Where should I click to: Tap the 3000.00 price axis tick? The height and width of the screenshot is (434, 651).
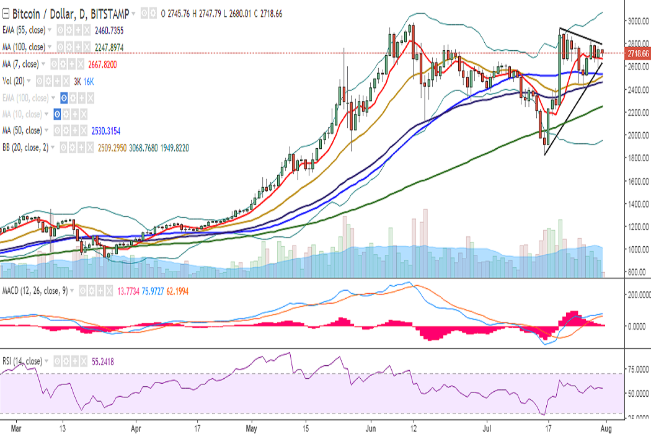click(637, 21)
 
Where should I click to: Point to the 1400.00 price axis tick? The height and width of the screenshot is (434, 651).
click(637, 204)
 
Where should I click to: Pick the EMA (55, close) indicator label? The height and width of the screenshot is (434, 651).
click(26, 29)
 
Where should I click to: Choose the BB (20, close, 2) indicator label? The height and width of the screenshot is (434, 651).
click(28, 148)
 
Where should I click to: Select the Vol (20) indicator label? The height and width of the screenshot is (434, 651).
click(14, 81)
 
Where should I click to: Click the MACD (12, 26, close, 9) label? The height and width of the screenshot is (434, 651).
click(33, 290)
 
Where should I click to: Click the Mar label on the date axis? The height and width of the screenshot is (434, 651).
click(17, 427)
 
